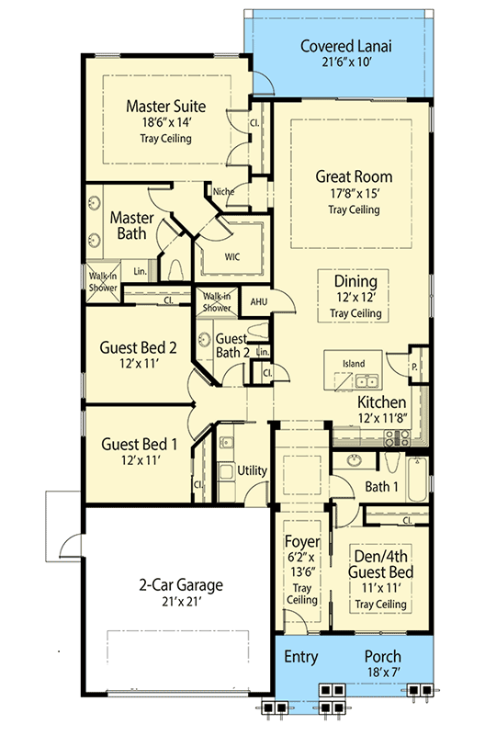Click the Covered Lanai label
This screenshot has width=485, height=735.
pos(345,46)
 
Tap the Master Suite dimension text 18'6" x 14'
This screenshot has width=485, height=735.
pos(166,123)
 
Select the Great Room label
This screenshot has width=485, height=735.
pos(354,176)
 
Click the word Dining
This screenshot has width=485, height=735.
pos(355,282)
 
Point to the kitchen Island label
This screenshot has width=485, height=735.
pos(354,364)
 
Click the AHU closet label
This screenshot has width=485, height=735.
pos(258,301)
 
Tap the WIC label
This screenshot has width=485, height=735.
pos(232,257)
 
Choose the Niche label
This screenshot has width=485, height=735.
pos(223,192)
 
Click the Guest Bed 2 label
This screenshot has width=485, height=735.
pos(138,348)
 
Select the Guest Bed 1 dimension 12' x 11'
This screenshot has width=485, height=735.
pos(141,460)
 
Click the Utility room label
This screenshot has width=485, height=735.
pos(252,470)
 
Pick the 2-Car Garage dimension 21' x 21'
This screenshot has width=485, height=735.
pos(181,602)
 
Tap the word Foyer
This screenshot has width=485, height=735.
pos(303,542)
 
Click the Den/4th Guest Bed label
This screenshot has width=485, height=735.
pos(380,564)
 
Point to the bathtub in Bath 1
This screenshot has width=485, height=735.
pos(417,480)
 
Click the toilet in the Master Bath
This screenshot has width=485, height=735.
pos(175,271)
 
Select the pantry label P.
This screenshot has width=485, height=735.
pos(414,367)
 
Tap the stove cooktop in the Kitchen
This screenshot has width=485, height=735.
pos(397,438)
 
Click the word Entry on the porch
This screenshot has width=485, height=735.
pos(301,657)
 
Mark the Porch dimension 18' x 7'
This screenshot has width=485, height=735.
pos(383,672)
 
